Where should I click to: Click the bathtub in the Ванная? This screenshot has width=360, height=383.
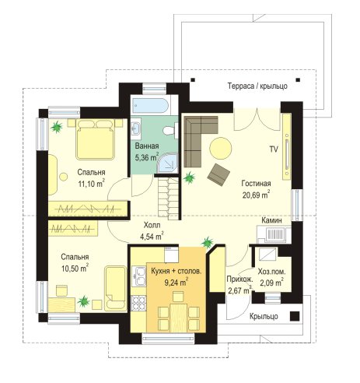click(x=150, y=106)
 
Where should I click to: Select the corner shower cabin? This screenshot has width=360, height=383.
click(x=168, y=163)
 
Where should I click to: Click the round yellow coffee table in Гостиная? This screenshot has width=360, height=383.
click(x=221, y=147)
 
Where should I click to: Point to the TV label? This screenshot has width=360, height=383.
click(x=274, y=149)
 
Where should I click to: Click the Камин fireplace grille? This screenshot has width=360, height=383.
click(x=274, y=235)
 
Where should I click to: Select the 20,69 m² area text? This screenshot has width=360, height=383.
click(x=256, y=194)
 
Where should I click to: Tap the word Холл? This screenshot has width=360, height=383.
click(x=152, y=225)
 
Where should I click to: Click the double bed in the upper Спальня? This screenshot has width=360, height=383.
click(x=96, y=139)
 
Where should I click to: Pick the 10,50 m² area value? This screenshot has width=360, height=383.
click(x=75, y=268)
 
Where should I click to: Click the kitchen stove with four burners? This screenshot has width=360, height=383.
click(x=138, y=303)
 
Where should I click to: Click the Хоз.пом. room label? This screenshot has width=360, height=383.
click(x=271, y=272)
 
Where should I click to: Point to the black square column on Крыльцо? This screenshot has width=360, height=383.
click(x=295, y=316)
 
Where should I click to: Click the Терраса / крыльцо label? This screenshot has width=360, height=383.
click(x=257, y=86)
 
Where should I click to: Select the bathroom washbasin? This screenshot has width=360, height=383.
click(x=135, y=127)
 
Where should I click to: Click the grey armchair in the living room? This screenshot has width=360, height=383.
click(x=218, y=174)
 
